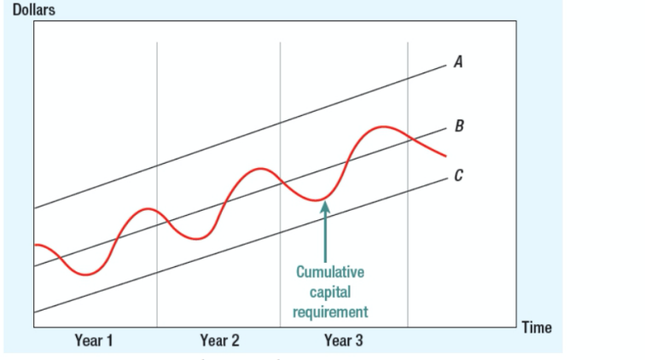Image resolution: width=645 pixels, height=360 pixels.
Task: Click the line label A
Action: tap(458, 61)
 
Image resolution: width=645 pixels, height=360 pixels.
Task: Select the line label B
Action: tap(459, 127)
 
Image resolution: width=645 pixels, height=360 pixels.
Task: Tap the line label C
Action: tap(458, 177)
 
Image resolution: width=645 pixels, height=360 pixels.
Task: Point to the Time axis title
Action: tap(535, 328)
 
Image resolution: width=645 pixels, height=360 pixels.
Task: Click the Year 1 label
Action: tap(94, 341)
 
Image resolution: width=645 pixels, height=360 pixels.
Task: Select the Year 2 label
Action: tap(219, 341)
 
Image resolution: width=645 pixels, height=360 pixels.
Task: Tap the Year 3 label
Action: tap(343, 341)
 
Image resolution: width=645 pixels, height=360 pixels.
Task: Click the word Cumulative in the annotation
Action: tap(330, 273)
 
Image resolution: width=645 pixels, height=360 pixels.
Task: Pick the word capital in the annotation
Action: tap(330, 292)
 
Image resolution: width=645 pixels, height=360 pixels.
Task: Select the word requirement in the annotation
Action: tap(330, 311)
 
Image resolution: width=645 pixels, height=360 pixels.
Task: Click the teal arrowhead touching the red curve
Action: tap(324, 207)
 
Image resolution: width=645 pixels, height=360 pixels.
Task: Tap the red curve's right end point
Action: tap(445, 156)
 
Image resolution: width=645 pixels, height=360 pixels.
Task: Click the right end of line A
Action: tap(445, 63)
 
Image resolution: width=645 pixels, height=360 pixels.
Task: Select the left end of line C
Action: tap(35, 314)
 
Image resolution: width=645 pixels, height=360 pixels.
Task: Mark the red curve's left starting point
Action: tap(35, 245)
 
